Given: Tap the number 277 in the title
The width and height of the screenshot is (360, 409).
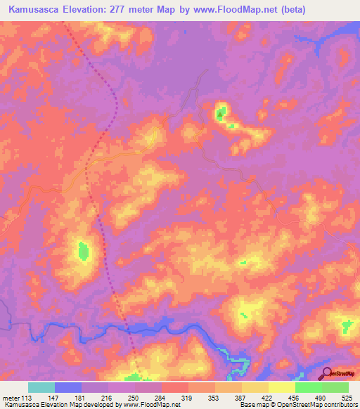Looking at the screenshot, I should pos(143,10).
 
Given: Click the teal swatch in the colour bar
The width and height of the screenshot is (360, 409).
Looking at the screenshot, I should pos(41,387).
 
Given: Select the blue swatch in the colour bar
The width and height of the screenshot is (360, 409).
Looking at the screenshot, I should pos(68,387).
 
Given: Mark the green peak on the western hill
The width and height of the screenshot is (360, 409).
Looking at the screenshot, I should pos(84,249).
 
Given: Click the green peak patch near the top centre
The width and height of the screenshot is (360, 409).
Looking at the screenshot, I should pos(221,112).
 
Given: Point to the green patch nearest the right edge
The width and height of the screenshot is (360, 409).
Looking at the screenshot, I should pos(347,327).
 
